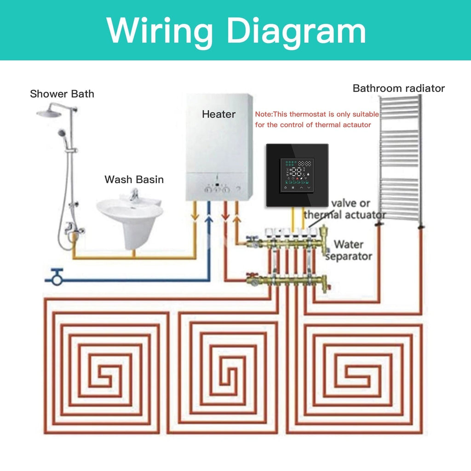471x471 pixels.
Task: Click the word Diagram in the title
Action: [x=296, y=30]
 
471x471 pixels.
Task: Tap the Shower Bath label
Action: [x=62, y=94]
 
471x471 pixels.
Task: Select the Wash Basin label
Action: [x=134, y=179]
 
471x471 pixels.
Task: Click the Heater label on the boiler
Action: [x=218, y=114]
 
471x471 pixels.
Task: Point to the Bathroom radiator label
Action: [x=398, y=88]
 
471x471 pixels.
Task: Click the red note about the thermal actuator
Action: [x=317, y=119]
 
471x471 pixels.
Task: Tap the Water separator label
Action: [x=348, y=250]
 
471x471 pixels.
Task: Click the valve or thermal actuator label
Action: [x=345, y=209]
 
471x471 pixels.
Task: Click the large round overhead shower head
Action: [x=51, y=112]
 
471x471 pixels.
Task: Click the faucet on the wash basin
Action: [x=134, y=195]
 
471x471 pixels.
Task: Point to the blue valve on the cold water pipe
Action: [x=57, y=276]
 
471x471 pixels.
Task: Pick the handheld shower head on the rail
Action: [x=62, y=134]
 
